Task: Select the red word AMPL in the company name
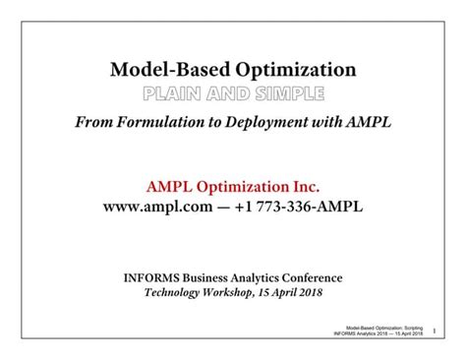172,185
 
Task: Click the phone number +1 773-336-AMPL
300,208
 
